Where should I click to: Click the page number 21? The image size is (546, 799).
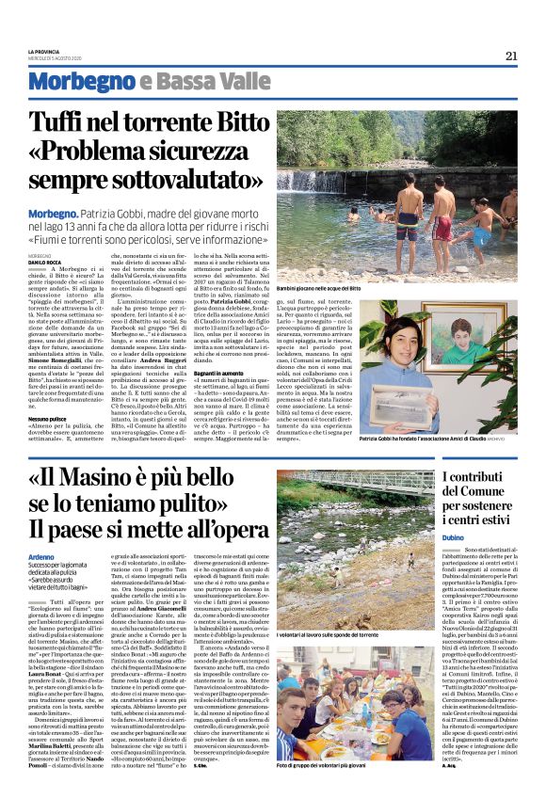[x=511, y=56]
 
